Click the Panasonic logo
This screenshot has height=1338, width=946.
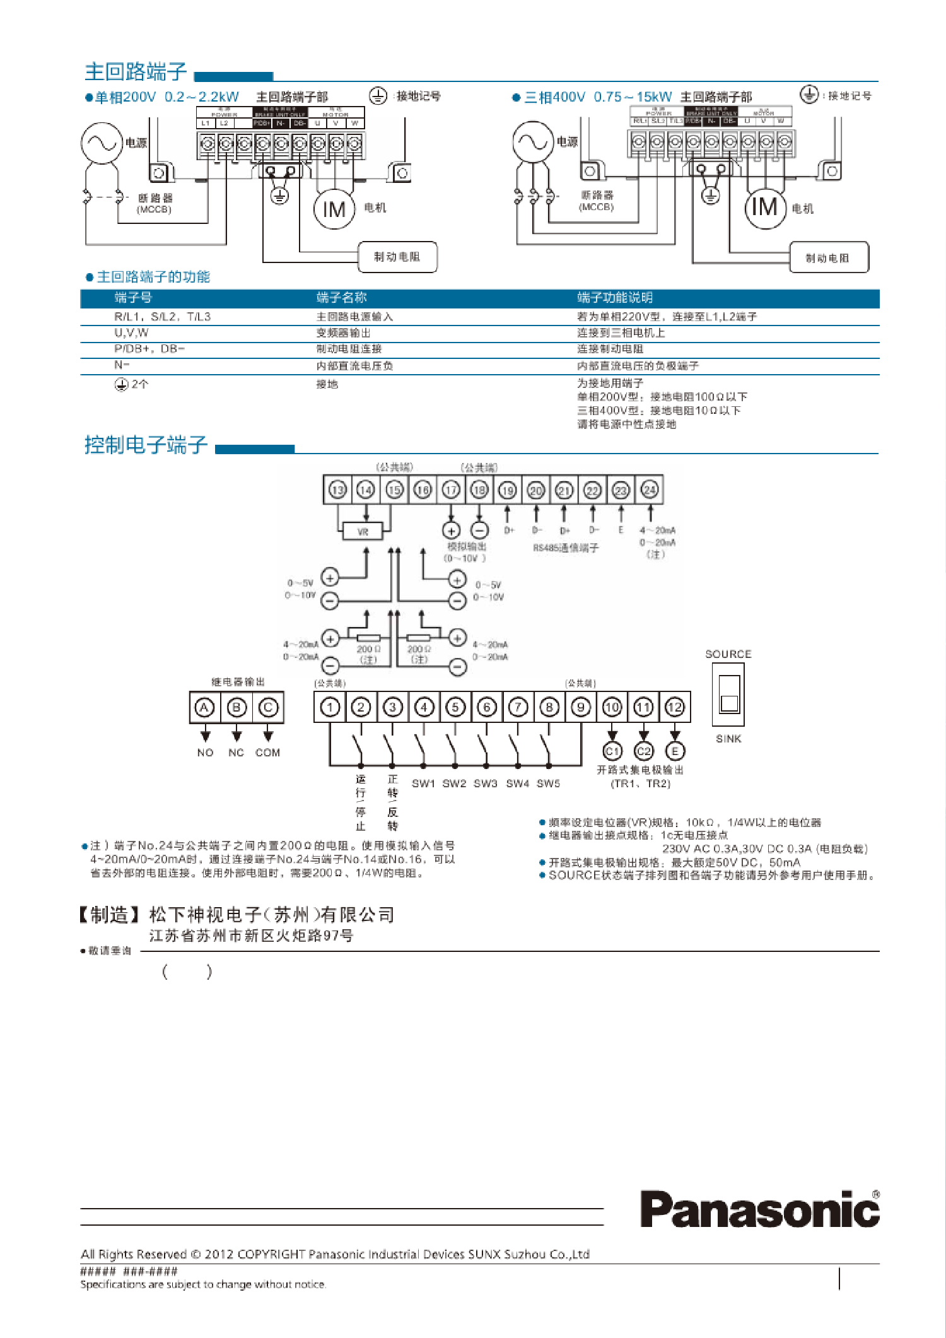759,1209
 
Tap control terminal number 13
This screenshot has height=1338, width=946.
337,490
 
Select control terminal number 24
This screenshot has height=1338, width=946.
649,490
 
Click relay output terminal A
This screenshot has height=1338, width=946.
204,708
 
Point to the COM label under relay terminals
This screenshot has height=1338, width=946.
267,753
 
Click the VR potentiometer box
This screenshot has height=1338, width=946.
363,532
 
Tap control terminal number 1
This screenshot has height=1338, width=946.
330,708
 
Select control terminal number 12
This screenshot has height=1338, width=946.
675,708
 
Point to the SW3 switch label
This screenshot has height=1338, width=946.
486,783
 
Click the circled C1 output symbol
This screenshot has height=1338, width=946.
612,751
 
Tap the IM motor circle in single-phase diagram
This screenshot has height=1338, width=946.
334,209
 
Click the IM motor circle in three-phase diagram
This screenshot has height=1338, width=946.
765,207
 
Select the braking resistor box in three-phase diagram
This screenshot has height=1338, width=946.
828,257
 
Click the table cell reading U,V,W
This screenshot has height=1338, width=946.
132,333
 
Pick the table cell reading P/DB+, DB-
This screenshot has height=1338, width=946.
149,349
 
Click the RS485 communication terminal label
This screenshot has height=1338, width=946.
566,548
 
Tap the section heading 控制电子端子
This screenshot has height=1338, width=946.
146,445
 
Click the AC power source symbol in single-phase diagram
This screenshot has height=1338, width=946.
101,143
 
